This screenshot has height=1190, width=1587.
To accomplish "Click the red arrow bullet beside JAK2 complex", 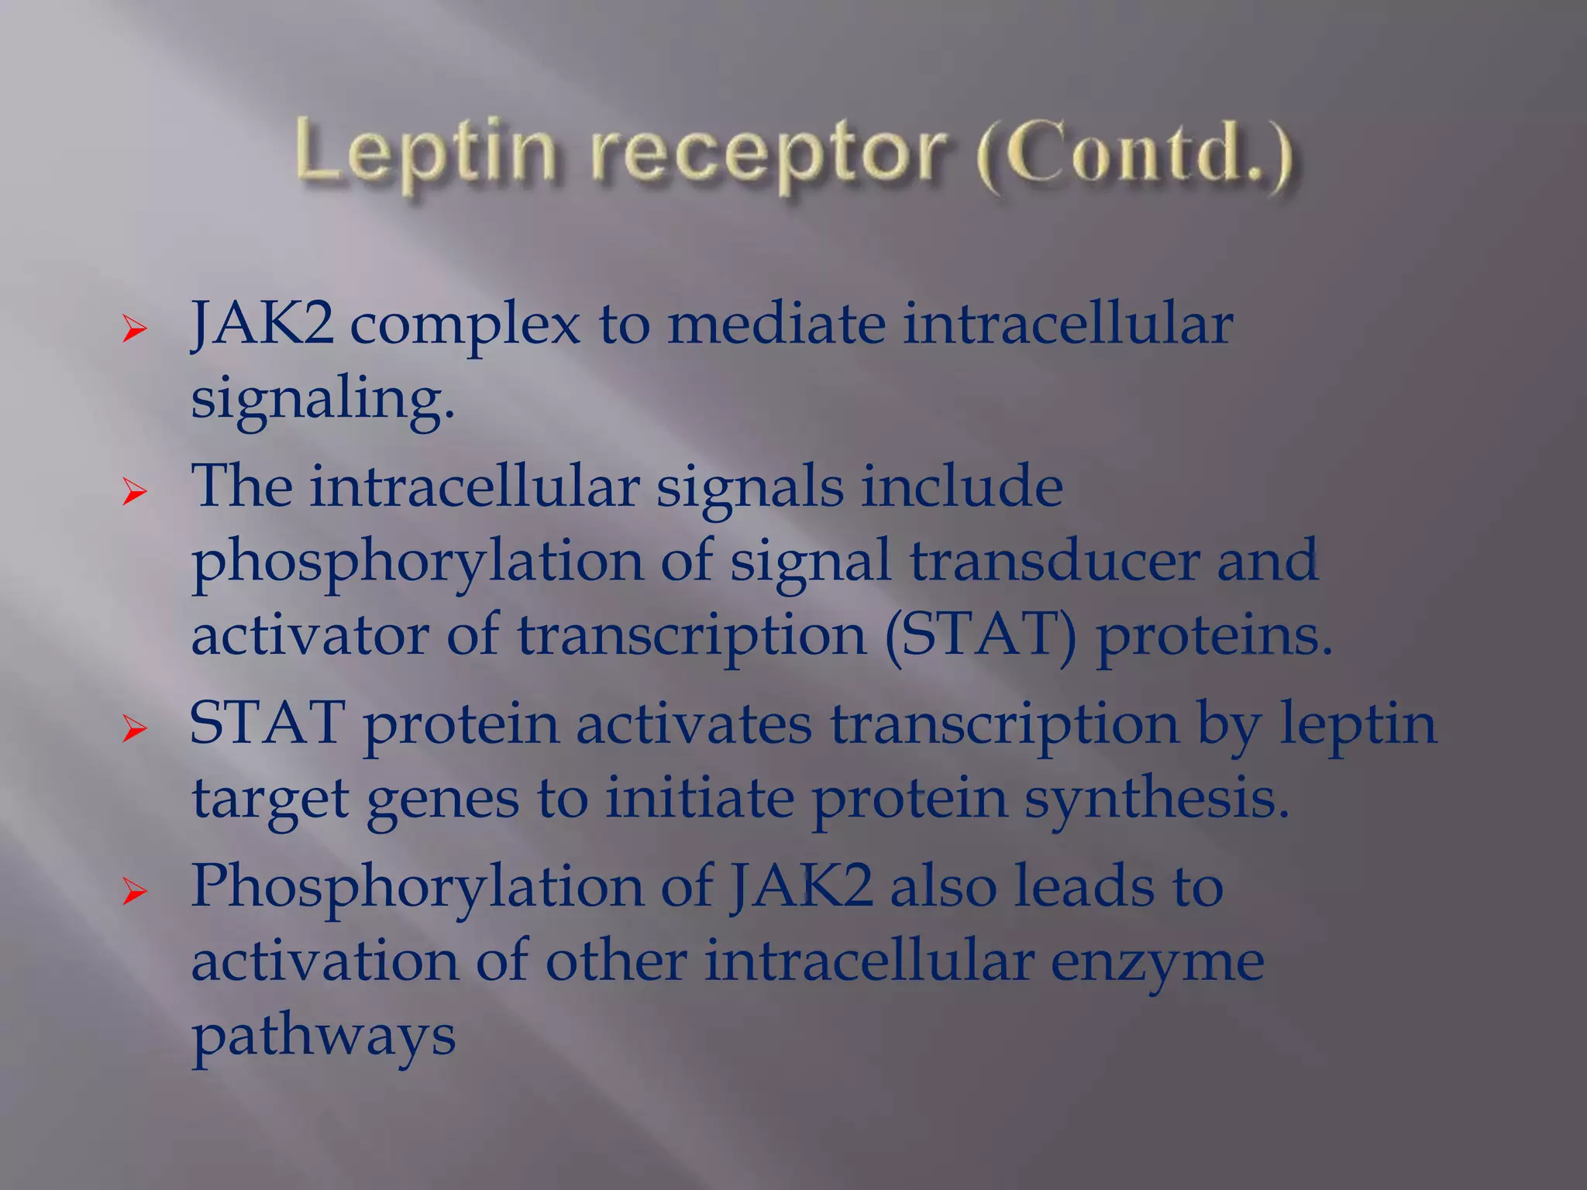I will (x=134, y=330).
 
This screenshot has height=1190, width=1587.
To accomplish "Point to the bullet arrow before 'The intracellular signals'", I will (x=134, y=492).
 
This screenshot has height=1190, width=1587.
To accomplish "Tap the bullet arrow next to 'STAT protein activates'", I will (x=134, y=729).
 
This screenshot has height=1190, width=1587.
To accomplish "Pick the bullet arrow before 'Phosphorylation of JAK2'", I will (x=134, y=892).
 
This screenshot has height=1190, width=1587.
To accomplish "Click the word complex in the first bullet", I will (x=465, y=325).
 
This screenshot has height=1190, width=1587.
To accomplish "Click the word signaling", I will (x=322, y=400).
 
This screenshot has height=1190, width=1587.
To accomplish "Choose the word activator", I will (x=309, y=635).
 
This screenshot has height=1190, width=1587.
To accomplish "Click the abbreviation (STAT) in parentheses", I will (x=980, y=636).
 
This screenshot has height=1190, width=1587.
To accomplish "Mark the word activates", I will (x=694, y=724).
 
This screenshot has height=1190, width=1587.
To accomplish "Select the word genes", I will (x=442, y=800).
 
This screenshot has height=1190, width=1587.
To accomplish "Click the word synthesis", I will (x=1157, y=800).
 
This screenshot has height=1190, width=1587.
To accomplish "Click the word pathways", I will (x=323, y=1037).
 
